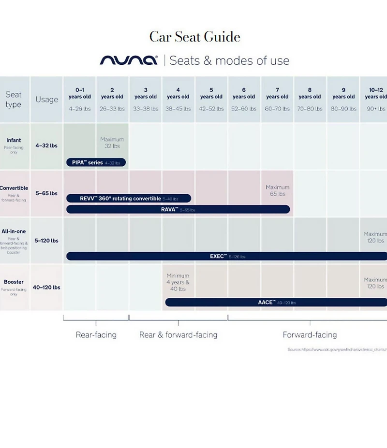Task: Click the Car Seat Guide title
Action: pos(194,37)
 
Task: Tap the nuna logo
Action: pos(129,60)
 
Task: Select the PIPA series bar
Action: pos(96,163)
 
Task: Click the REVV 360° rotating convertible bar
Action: pos(129,198)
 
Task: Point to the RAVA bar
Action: pos(178,209)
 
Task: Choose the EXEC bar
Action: pos(226,256)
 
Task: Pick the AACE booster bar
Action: pos(276,302)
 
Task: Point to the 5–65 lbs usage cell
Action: pos(46,193)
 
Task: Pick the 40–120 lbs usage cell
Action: pos(46,287)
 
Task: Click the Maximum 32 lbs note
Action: pos(112,143)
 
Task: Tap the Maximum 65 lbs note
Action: pos(278,190)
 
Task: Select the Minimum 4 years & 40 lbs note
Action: pos(178,282)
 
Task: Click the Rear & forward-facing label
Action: pos(178,334)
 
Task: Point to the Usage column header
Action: pos(46,100)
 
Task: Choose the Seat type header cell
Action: pos(14,100)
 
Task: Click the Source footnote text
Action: pos(337,349)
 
